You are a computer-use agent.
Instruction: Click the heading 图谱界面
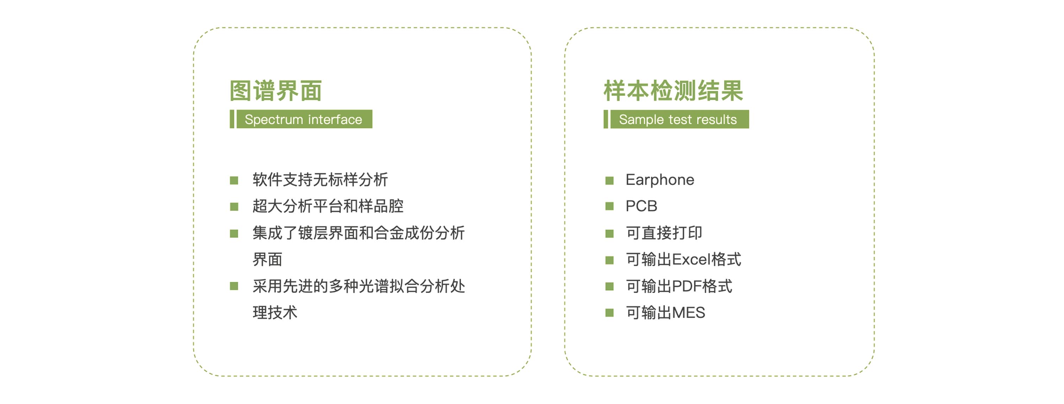[275, 91]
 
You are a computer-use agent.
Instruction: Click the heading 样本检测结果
[673, 91]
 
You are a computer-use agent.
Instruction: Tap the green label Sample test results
[679, 119]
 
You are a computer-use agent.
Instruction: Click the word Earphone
[660, 180]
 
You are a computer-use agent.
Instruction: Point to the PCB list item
[641, 206]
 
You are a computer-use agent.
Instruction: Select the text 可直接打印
[664, 233]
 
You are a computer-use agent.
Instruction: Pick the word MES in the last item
[689, 313]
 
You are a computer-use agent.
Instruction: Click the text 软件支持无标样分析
[320, 180]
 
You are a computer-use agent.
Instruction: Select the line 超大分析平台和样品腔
[328, 206]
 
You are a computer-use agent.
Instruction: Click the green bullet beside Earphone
[609, 180]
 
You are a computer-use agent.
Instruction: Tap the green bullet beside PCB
[609, 206]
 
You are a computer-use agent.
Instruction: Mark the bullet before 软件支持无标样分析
[234, 180]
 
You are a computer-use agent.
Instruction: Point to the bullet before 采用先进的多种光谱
[234, 286]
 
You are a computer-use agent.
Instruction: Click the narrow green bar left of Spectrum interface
[232, 119]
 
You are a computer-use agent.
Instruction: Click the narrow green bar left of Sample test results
[606, 119]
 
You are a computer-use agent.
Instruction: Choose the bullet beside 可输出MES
[609, 313]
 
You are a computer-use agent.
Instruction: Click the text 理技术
[275, 313]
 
